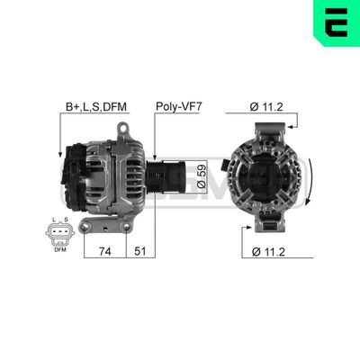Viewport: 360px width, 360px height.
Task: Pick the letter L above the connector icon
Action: point(54,219)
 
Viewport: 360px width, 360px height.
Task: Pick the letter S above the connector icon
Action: point(65,219)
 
